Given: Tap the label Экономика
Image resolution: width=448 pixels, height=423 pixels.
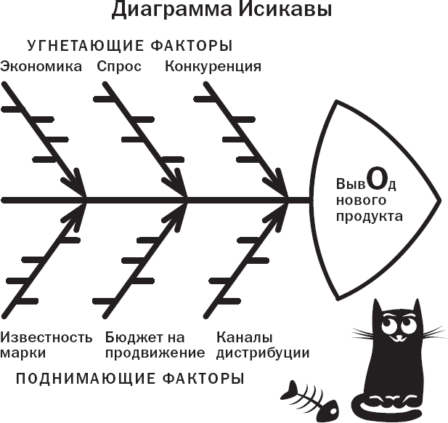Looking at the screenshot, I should pyautogui.click(x=42, y=67).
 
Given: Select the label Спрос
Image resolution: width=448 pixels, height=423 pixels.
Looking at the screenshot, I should pyautogui.click(x=118, y=67).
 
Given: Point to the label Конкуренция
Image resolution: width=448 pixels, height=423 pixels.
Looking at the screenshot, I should pyautogui.click(x=213, y=67).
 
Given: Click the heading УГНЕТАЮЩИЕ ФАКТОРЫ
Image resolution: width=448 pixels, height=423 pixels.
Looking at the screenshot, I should pyautogui.click(x=130, y=46).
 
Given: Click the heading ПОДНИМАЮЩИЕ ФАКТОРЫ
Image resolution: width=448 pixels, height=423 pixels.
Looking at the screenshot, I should pyautogui.click(x=129, y=379).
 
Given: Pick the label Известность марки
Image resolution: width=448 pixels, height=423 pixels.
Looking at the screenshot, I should pyautogui.click(x=46, y=345).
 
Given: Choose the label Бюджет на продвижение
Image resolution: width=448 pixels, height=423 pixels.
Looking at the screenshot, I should pyautogui.click(x=155, y=345).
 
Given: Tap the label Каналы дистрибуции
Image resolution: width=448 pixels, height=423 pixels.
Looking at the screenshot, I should pyautogui.click(x=263, y=345).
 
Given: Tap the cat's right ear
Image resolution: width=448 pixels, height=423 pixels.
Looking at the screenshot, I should pyautogui.click(x=416, y=309).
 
